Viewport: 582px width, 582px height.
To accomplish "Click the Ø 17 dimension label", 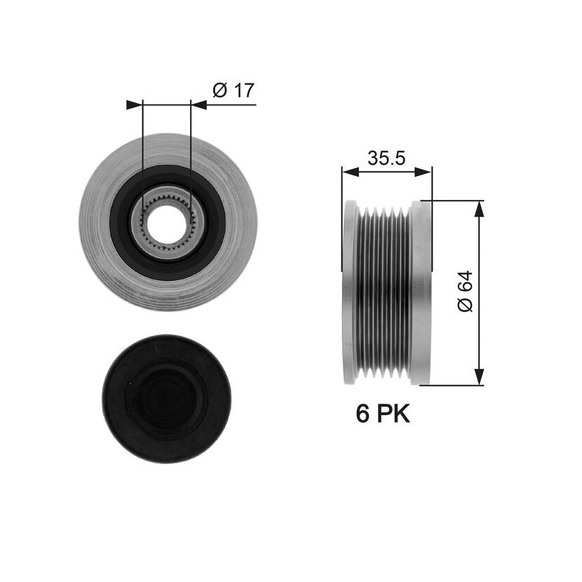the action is pos(234,90).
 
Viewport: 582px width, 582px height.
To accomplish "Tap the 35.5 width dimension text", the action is pos(386,158).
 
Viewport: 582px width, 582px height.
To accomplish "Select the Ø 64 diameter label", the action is pos(466,292).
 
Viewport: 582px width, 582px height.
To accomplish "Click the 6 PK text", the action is pos(383,414).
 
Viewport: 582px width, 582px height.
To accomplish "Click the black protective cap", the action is pos(167,399).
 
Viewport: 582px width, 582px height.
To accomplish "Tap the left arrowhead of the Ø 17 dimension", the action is pos(135,105).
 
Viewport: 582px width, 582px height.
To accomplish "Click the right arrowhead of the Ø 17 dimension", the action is pos(198,105).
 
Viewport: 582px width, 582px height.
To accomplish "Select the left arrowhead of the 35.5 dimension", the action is pos(351,172).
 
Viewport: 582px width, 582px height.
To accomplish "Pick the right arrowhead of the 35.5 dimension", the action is pos(423,172).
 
